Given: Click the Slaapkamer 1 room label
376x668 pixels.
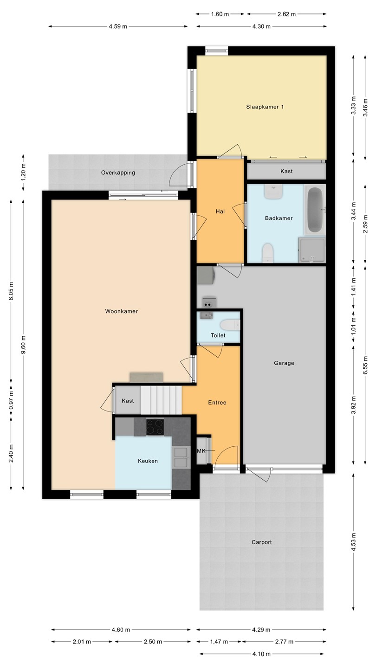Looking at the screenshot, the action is click(x=265, y=107).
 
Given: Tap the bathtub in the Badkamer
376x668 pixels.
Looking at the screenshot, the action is click(x=315, y=210).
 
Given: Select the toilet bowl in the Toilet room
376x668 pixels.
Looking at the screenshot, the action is click(x=230, y=325).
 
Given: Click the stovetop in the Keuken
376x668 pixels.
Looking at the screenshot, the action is click(x=155, y=427).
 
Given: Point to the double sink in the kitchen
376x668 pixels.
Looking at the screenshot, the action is click(x=181, y=457).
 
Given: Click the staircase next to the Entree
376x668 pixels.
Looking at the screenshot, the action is click(x=161, y=400).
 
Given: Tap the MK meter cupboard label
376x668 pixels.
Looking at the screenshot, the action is click(x=201, y=451).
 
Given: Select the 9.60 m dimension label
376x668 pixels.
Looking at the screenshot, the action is click(x=23, y=344).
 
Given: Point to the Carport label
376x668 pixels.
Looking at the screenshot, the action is click(x=261, y=542).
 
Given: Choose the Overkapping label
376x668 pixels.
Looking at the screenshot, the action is click(x=118, y=173).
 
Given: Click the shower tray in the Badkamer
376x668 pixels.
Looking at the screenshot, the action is click(x=312, y=250).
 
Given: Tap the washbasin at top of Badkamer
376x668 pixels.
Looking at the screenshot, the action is click(x=273, y=191).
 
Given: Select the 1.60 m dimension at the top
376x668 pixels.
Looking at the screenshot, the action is click(x=220, y=14).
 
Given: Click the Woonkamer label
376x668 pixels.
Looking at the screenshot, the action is click(x=122, y=311).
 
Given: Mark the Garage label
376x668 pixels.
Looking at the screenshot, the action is click(x=284, y=363).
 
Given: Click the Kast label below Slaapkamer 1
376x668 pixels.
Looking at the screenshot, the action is click(x=286, y=171).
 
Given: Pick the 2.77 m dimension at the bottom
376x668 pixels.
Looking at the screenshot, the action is click(x=284, y=642).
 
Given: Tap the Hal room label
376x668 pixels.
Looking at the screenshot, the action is click(x=220, y=212).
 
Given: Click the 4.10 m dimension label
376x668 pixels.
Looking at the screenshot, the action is click(x=261, y=654).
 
